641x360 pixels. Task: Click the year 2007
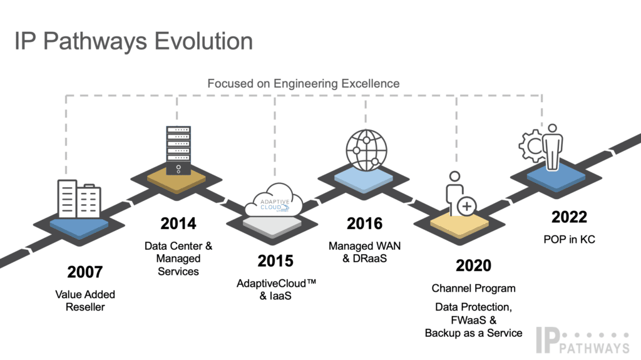[x=85, y=272]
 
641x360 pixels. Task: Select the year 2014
[x=178, y=224]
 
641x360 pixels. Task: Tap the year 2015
[x=275, y=261]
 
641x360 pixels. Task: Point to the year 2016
[x=365, y=224]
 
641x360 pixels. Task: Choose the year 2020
[x=473, y=265]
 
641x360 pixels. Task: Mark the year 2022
[x=569, y=217]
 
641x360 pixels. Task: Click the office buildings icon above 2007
[x=79, y=199]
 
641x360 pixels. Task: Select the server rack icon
[x=178, y=150]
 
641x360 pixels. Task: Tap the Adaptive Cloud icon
[x=274, y=200]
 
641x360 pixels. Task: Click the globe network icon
[x=366, y=150]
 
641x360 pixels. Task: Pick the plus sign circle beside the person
[x=466, y=206]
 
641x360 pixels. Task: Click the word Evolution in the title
[x=203, y=41]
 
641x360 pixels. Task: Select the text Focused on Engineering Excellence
[x=304, y=83]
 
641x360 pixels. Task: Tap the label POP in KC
[x=569, y=239]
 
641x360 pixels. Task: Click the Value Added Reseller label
[x=85, y=301]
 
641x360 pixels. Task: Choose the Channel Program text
[x=473, y=289]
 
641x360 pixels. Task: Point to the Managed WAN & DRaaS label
[x=365, y=252]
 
